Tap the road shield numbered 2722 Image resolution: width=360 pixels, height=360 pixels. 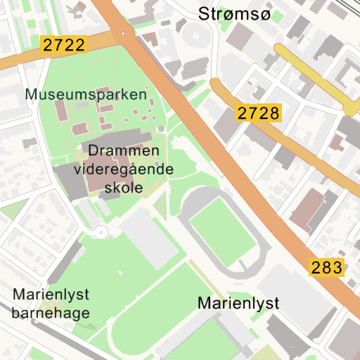(x=63, y=46)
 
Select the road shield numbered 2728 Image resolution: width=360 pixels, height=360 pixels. (x=259, y=112)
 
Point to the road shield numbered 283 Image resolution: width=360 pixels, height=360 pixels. (x=326, y=267)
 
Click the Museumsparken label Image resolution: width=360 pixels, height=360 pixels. (x=86, y=94)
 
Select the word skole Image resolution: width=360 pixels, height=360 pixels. (x=123, y=188)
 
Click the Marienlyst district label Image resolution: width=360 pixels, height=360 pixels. (x=238, y=303)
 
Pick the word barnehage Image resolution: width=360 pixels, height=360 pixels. (x=51, y=313)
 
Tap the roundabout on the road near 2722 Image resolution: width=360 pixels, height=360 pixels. (x=124, y=33)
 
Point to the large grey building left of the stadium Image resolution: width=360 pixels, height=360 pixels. (x=150, y=238)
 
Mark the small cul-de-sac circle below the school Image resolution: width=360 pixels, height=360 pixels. (x=101, y=231)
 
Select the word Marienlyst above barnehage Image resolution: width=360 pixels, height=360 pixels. (x=50, y=295)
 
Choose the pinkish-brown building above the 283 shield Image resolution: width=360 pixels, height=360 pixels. (x=307, y=208)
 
